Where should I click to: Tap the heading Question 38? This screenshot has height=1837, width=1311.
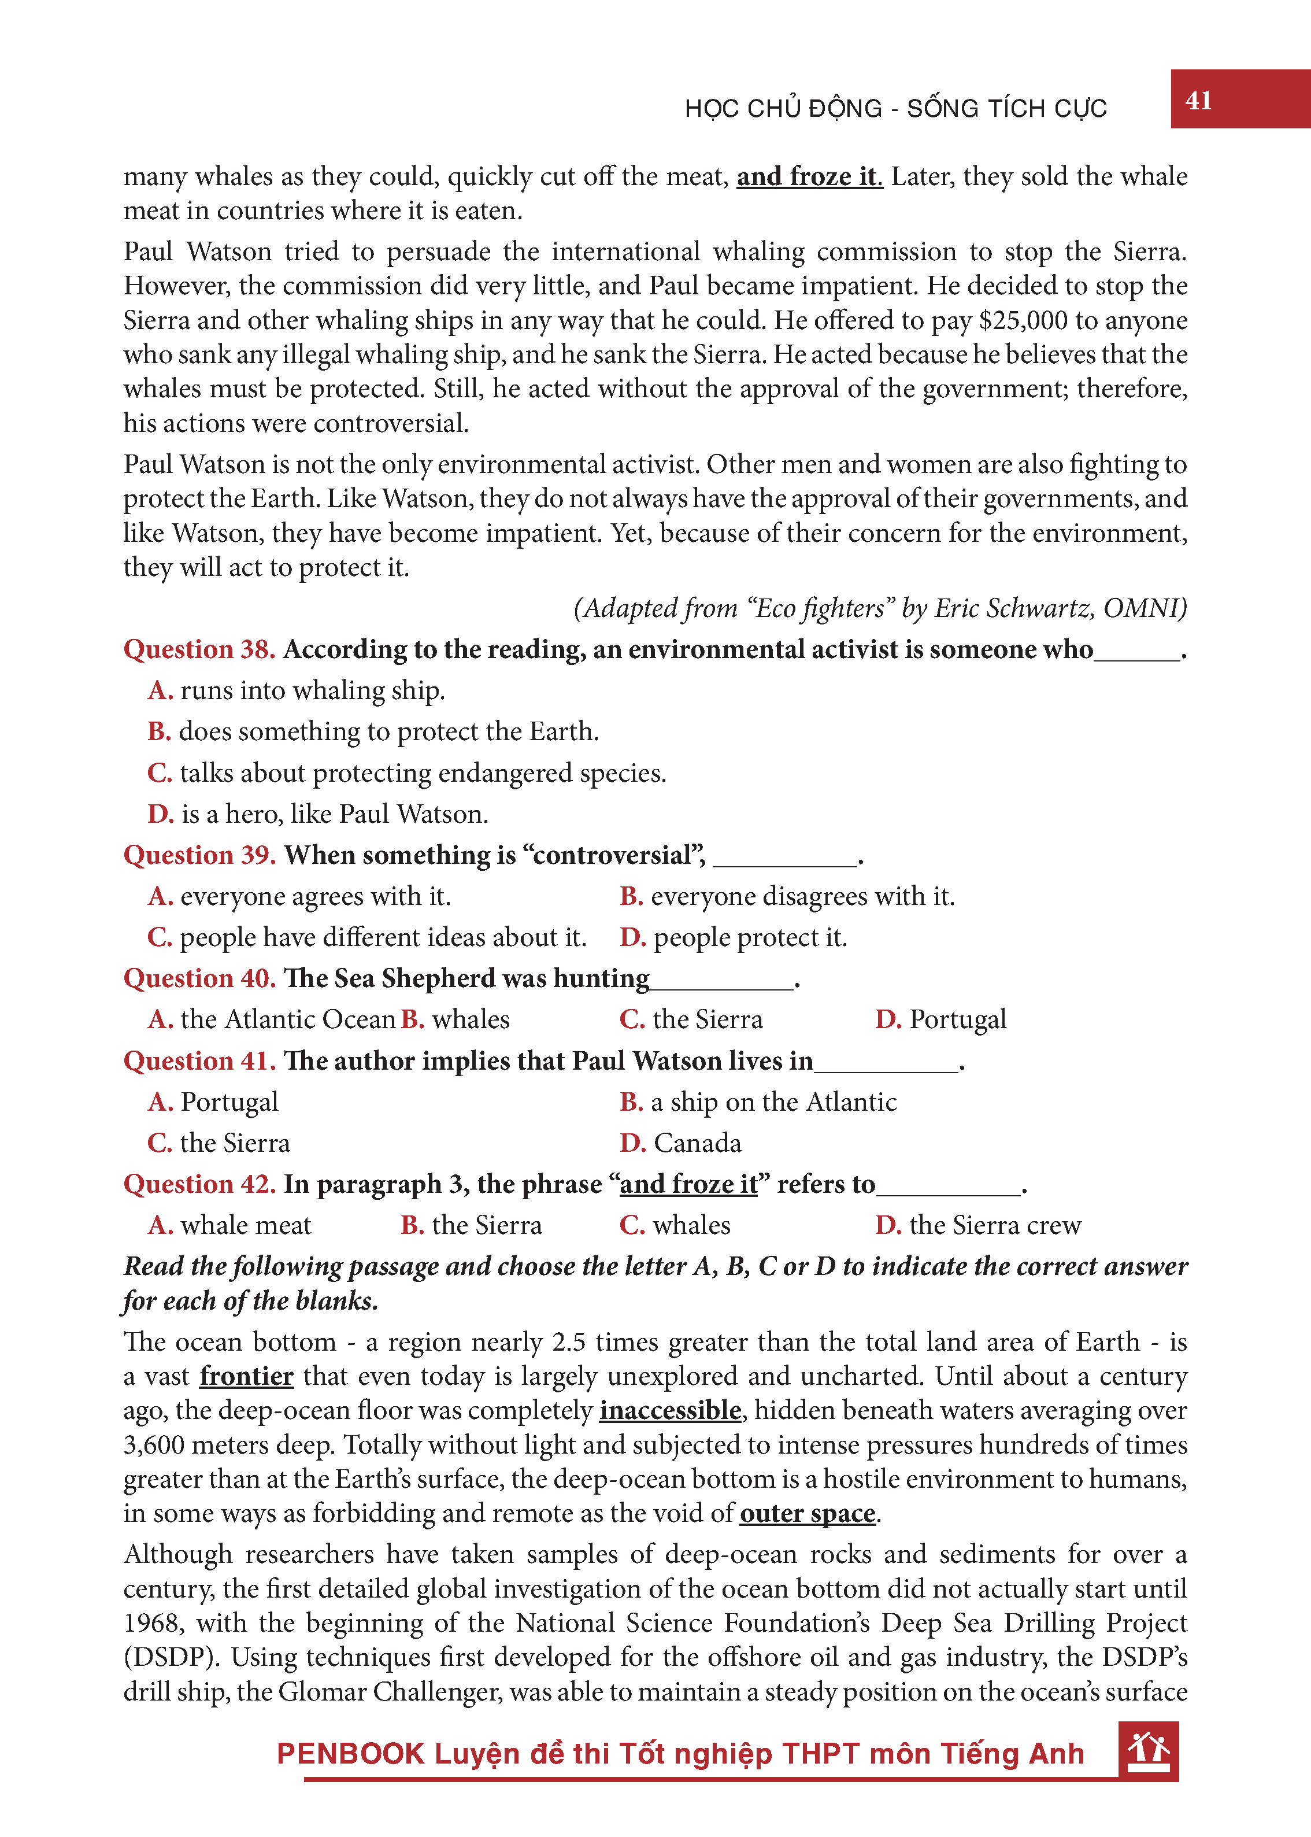199,649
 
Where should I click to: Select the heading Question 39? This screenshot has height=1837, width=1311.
199,855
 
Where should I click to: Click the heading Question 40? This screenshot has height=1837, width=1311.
199,979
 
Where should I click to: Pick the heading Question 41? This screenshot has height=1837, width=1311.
199,1061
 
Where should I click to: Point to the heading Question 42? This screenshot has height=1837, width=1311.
199,1185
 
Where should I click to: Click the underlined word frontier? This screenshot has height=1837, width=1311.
246,1376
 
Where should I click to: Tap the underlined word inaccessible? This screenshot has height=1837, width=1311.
670,1411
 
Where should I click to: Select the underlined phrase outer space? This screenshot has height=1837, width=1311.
808,1513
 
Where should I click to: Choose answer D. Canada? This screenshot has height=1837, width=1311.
680,1143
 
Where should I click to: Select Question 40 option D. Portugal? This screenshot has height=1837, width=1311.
941,1020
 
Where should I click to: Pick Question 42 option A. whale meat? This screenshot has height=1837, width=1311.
230,1226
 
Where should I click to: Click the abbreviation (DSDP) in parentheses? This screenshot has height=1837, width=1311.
171,1658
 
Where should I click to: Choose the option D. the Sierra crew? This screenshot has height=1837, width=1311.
979,1226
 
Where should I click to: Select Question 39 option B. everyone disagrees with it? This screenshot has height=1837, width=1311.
787,896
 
